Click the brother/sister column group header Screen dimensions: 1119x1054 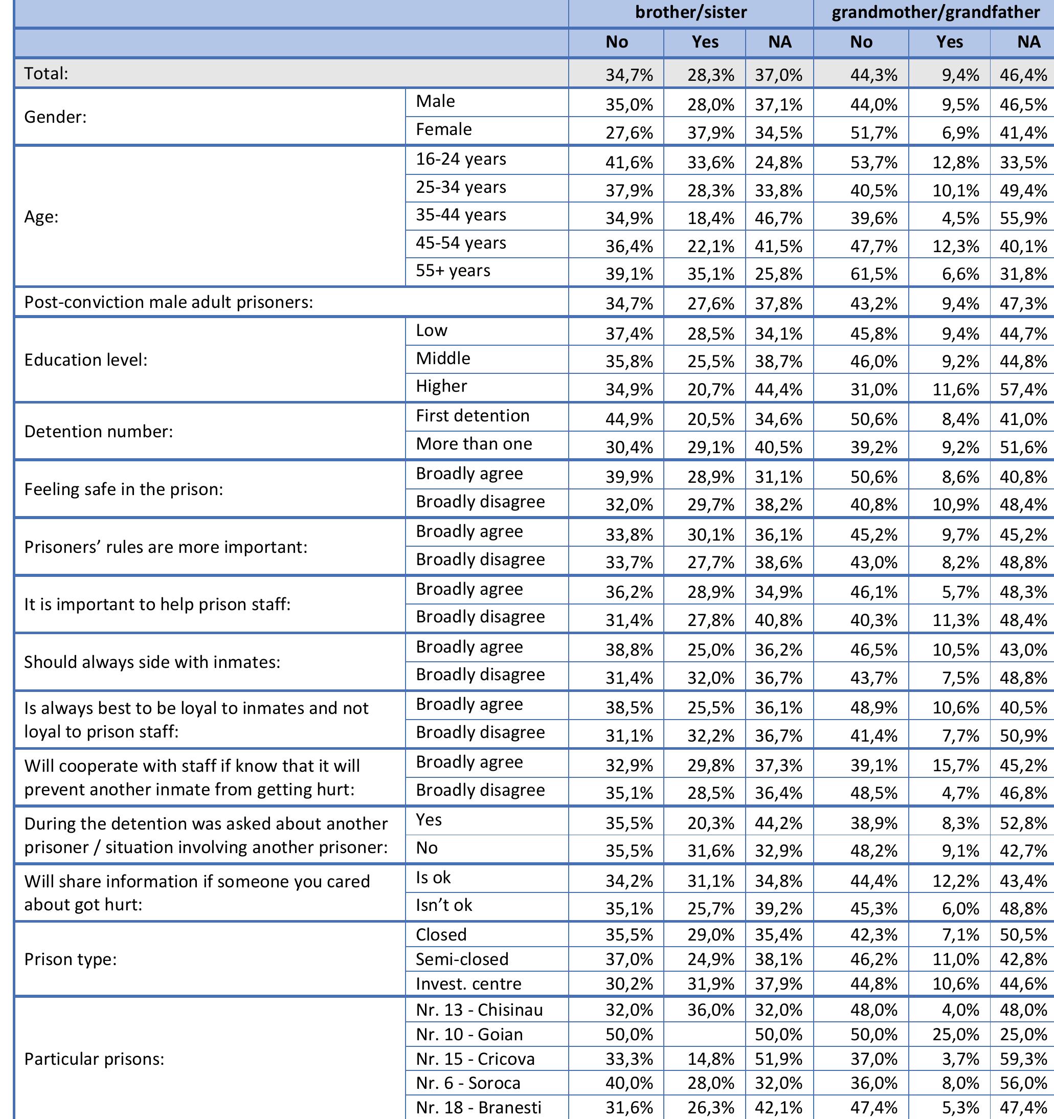pos(690,12)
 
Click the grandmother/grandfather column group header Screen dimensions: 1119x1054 pos(935,12)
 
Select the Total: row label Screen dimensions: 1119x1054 pos(46,73)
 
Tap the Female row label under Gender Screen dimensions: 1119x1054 pos(443,129)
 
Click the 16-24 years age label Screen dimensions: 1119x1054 pos(461,159)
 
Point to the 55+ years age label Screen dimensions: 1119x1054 pos(453,271)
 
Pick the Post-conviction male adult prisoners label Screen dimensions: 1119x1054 pos(168,302)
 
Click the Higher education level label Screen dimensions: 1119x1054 pos(441,386)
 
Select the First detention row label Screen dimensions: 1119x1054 pos(473,416)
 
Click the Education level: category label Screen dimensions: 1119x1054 pos(85,360)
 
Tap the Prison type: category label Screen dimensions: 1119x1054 pos(71,959)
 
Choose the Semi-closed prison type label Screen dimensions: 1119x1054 pos(462,959)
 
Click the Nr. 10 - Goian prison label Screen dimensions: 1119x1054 pos(469,1035)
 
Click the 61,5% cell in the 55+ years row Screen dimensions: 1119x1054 pos(873,274)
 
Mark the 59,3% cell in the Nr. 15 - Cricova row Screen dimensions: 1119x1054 pos(1023,1059)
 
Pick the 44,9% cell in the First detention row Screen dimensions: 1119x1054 pos(629,419)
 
